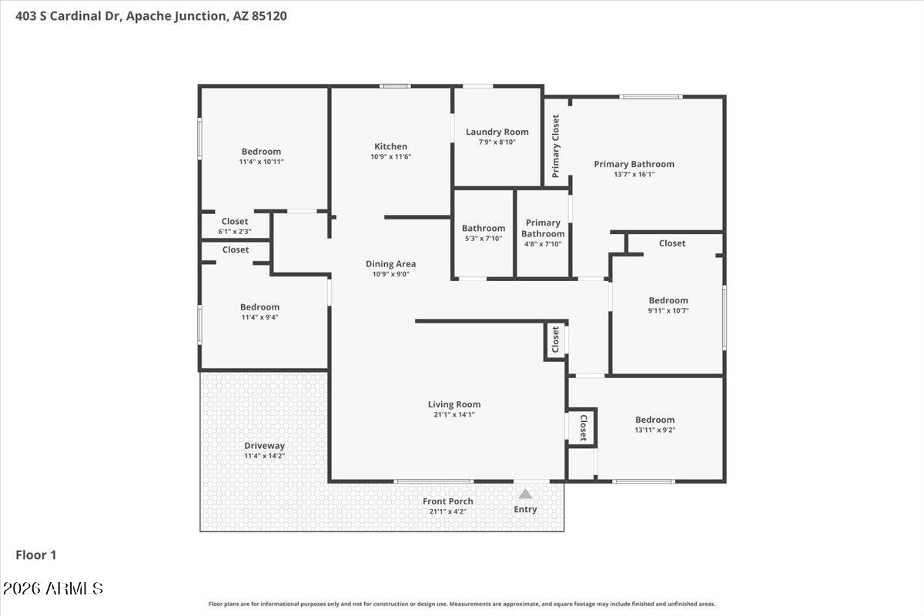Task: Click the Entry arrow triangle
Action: (x=524, y=494)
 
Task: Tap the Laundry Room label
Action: (x=497, y=132)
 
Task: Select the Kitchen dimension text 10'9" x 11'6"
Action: (x=390, y=157)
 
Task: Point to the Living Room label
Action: (x=454, y=405)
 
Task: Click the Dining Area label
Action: (x=390, y=264)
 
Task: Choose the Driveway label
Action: (x=264, y=446)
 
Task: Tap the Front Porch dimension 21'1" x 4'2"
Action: (x=447, y=511)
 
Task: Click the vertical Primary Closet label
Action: (x=556, y=146)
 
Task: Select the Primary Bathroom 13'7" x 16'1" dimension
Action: (x=634, y=175)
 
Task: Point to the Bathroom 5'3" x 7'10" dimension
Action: (x=484, y=239)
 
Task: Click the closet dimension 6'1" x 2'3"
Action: (x=235, y=232)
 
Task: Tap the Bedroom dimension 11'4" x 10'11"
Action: (x=262, y=162)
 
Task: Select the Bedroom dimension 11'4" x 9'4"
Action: (x=260, y=317)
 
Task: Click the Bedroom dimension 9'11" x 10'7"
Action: (x=668, y=310)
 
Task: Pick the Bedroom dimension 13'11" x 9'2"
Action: (x=655, y=430)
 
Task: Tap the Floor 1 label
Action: (x=36, y=555)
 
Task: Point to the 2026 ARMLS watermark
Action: (x=53, y=589)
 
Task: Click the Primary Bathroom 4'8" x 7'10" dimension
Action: (x=543, y=244)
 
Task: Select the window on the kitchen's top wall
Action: (x=395, y=86)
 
